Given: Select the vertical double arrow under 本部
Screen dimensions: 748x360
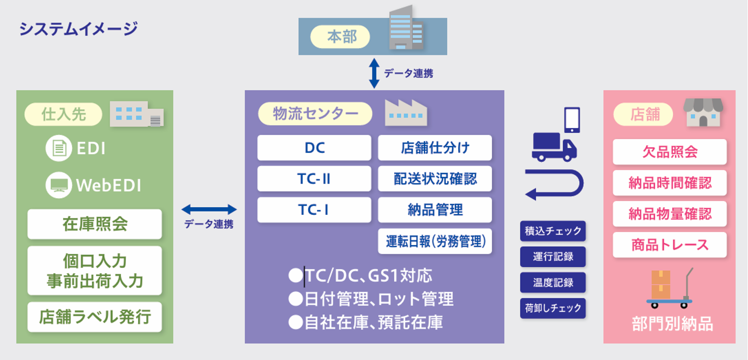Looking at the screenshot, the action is (374, 74).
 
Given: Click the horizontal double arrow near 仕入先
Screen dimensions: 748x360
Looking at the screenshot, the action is (209, 209).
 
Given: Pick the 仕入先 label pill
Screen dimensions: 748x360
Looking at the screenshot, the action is (63, 114).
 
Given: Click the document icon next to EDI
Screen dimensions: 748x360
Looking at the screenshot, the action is (59, 148).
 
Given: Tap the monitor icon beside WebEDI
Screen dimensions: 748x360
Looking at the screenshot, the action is (59, 185).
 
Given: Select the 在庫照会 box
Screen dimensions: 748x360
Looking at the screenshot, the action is (95, 224).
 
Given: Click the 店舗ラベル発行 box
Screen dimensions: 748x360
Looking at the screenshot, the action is (95, 317).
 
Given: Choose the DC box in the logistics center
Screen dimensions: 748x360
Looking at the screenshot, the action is (314, 148).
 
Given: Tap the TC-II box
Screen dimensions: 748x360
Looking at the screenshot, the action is (314, 178).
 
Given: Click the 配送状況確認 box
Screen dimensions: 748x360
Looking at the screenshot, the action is (435, 178).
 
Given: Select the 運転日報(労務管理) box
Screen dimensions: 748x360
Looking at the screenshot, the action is (435, 241).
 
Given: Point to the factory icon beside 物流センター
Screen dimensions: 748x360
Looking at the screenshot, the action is (406, 113).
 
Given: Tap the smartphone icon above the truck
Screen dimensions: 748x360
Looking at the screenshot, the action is (572, 120).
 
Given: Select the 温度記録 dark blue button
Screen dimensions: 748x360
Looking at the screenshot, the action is (553, 282).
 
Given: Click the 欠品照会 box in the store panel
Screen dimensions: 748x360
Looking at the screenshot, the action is (670, 152).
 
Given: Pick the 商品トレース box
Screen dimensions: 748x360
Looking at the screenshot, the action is (670, 245).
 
